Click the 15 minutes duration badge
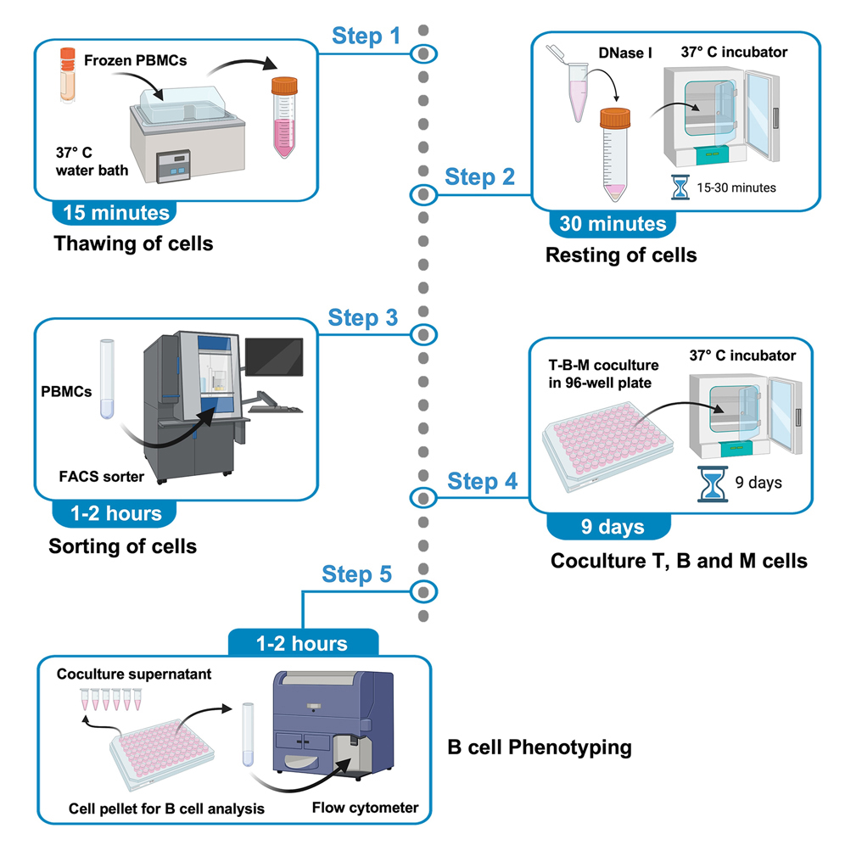(114, 212)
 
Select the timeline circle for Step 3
(423, 333)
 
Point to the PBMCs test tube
(106, 378)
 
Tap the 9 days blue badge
(612, 527)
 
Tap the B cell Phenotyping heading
(539, 747)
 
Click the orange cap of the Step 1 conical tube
(284, 85)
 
